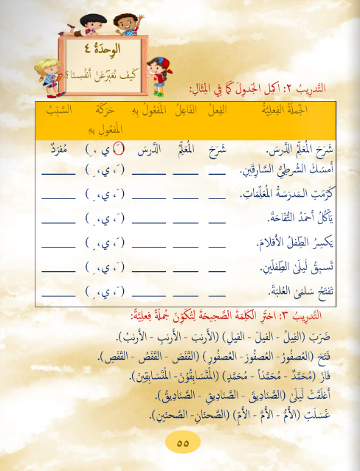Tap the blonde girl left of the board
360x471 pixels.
coord(32,70)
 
